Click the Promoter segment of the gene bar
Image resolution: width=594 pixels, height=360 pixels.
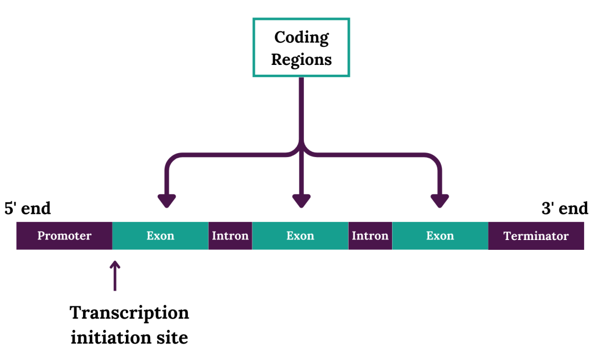tap(64, 236)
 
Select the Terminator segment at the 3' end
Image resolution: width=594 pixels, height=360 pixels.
tap(536, 236)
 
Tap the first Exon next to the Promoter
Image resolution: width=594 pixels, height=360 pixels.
tap(161, 236)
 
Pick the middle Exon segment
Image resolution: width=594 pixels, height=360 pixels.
tap(300, 236)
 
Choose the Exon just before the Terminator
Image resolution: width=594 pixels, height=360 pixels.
tap(440, 236)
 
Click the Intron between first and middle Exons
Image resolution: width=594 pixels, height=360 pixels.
tap(230, 236)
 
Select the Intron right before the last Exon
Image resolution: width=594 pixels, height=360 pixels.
tap(371, 236)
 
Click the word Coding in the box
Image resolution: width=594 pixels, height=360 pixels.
tap(302, 38)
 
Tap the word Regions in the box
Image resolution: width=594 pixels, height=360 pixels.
tap(302, 60)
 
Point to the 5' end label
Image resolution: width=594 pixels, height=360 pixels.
tap(28, 208)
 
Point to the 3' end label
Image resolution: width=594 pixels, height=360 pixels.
tap(565, 208)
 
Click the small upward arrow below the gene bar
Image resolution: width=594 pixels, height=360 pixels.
tap(115, 275)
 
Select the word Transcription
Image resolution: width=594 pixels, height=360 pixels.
tap(129, 313)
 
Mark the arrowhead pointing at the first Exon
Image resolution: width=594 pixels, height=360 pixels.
tap(166, 201)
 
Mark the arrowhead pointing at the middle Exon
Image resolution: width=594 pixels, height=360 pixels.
tap(302, 201)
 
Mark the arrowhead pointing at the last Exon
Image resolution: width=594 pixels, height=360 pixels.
tap(440, 201)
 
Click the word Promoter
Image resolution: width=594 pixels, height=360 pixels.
tap(64, 236)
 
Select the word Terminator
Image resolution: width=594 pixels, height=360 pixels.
tap(536, 236)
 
